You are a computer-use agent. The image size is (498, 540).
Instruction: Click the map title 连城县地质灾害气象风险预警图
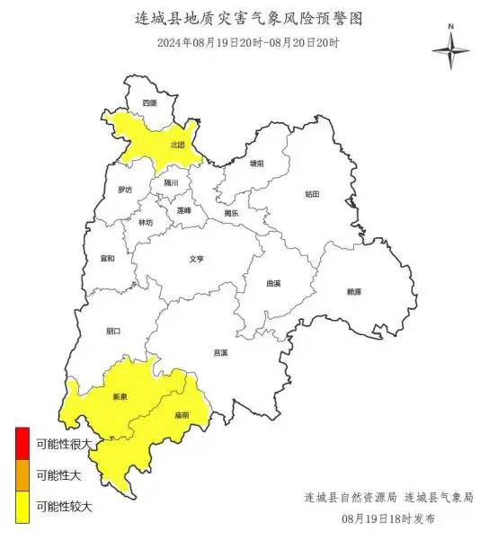pos(248,19)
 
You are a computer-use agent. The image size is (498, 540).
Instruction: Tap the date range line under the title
pos(248,42)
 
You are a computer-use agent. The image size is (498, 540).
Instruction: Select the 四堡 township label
pos(149,103)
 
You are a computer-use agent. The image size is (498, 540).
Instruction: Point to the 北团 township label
pos(177,144)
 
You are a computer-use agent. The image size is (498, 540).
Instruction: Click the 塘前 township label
pos(257,164)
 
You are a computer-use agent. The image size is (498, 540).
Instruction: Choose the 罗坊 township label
pos(124,190)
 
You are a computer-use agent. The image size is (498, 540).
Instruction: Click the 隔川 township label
pos(171,183)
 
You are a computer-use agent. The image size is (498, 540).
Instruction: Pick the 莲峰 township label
pos(184,209)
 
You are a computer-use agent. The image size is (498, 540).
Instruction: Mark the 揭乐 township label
pos(231,214)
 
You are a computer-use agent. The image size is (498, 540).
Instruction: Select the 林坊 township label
pos(146,222)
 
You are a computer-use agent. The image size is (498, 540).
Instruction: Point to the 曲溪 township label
pos(273,283)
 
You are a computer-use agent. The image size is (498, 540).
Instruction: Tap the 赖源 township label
pos(353,292)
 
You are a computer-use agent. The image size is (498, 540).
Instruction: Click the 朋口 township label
pos(112,331)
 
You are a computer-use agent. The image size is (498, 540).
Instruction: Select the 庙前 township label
pos(182,415)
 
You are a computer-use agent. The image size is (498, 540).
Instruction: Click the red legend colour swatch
pos(22,443)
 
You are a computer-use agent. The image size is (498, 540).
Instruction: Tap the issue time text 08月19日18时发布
pos(388,518)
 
